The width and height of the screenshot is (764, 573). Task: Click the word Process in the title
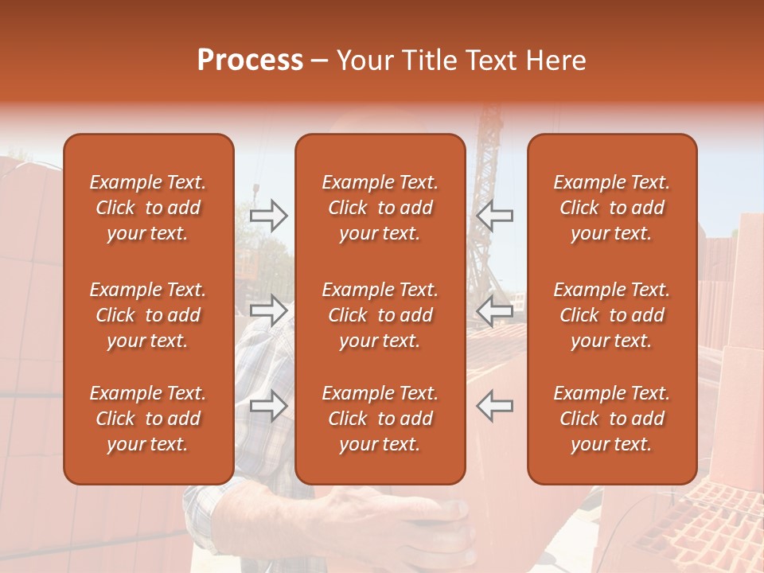[250, 60]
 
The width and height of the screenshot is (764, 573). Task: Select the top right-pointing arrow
[268, 215]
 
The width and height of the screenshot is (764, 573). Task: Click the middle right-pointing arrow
[268, 310]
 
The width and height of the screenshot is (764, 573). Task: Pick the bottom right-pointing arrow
[268, 406]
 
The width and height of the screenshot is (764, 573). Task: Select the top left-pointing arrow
[495, 215]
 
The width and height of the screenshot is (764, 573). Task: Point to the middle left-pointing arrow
[495, 310]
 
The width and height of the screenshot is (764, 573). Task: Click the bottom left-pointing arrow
[495, 406]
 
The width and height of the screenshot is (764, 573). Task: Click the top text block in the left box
[148, 208]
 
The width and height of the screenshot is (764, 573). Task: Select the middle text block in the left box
[148, 315]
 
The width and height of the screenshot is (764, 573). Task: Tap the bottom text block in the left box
[148, 419]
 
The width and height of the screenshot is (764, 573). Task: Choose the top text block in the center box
[380, 208]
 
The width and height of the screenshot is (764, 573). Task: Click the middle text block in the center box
[380, 315]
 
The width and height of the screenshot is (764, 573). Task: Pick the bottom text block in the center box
[380, 419]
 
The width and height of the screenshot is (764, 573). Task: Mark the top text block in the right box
[611, 208]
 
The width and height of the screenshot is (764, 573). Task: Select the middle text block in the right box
[611, 315]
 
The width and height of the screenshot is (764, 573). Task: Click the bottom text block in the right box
[611, 419]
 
